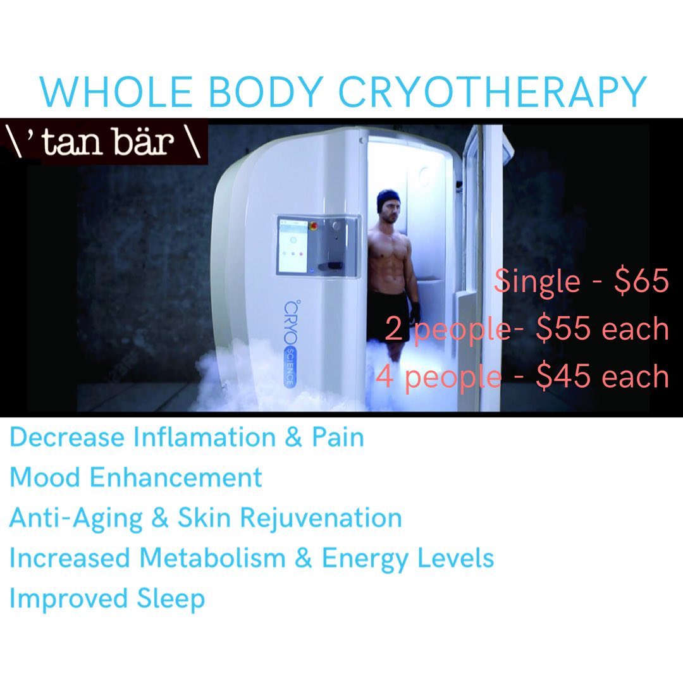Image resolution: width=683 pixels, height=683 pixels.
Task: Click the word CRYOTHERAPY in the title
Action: pos(492,92)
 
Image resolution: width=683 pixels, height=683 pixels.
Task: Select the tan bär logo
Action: pos(104,142)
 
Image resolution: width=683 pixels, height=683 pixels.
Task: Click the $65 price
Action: pos(641,281)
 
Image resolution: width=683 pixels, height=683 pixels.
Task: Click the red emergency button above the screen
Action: pos(313,225)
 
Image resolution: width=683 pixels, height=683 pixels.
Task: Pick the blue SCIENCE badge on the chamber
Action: pos(290,366)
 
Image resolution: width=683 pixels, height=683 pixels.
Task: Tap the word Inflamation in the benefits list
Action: pos(204,437)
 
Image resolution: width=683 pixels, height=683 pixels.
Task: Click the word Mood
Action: pos(45,477)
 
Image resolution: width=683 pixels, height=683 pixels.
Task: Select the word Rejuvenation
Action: pos(321,518)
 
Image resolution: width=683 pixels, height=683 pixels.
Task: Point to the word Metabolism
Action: pos(212,558)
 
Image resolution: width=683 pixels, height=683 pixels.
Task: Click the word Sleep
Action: pos(171,599)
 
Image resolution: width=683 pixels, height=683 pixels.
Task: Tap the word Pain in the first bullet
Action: pos(338,437)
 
